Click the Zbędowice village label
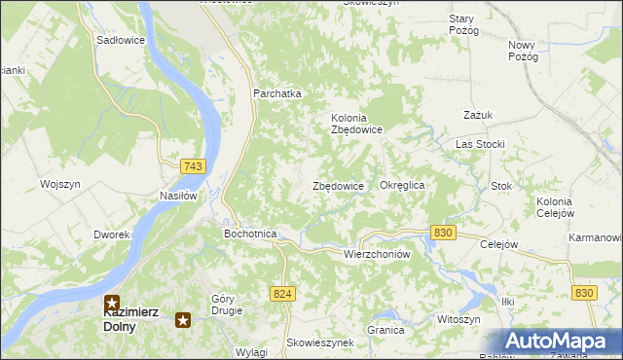tap(338, 186)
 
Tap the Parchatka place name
tap(277, 93)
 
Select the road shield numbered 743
tap(193, 167)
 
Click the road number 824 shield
tap(282, 293)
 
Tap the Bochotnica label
tap(250, 234)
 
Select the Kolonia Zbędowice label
tap(356, 124)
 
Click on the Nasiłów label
tap(179, 195)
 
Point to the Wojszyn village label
tap(59, 184)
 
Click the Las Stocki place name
tap(480, 144)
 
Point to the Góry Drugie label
tap(226, 305)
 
